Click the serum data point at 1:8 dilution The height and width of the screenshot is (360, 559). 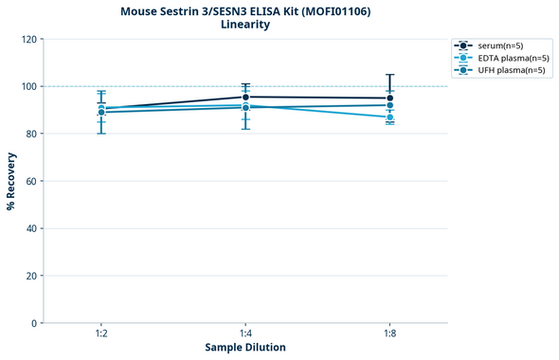coord(390,99)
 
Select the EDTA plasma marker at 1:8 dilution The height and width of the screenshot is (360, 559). coord(390,117)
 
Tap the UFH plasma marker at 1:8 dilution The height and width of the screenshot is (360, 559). coord(390,105)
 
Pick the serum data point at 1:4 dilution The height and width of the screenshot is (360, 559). coord(245,97)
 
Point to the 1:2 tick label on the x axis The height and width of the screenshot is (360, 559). coord(101,334)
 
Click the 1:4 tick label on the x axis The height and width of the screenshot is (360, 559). coord(245,334)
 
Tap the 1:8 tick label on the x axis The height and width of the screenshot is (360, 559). coord(390,334)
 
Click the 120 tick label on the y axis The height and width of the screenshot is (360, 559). coord(28,39)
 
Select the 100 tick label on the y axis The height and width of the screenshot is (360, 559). coord(28,86)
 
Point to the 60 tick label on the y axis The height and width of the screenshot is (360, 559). coord(31,181)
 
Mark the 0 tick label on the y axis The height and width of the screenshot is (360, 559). coord(34,323)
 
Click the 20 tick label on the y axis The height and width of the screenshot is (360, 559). coord(31,276)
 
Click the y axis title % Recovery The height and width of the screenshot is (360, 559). coord(11,181)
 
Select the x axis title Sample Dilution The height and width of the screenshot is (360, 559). coord(245,348)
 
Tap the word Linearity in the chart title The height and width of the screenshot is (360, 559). coord(245,25)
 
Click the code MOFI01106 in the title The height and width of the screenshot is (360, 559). coord(334,10)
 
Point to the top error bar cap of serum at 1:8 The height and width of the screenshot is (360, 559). coord(390,75)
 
